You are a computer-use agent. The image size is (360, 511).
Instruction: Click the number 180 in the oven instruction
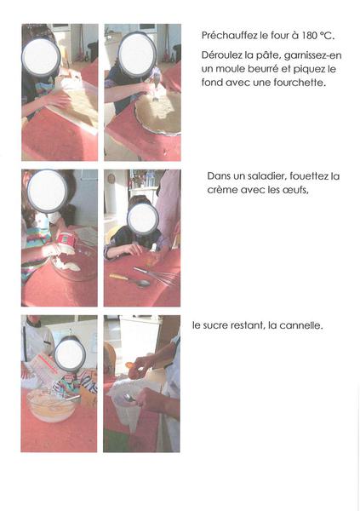click(308, 35)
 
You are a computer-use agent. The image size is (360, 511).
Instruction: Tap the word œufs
click(296, 190)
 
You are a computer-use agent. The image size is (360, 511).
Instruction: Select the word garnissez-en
click(312, 55)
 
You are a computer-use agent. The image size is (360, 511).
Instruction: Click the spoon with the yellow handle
click(130, 279)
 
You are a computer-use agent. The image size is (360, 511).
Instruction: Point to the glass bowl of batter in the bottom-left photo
click(51, 405)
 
